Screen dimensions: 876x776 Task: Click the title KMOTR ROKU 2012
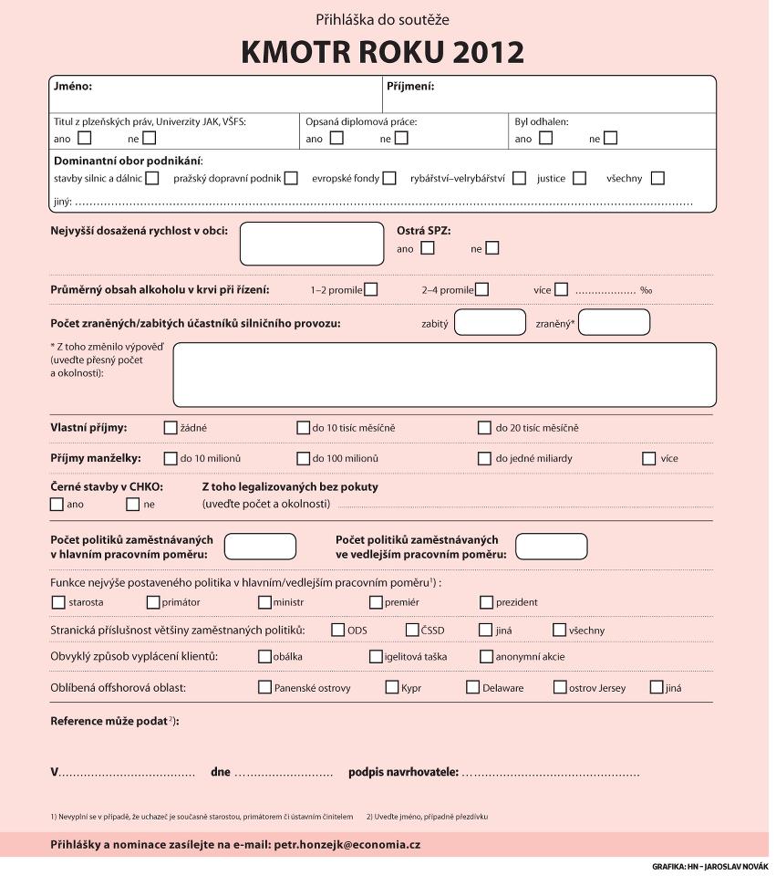tap(382, 52)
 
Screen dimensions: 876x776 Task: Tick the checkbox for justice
tap(579, 178)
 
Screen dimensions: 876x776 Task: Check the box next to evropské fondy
tap(389, 178)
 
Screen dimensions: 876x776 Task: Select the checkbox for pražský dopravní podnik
tap(291, 178)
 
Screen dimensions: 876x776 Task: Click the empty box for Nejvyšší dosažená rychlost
tap(312, 244)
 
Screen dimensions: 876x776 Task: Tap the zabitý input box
tap(490, 322)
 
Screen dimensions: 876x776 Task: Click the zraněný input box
tap(614, 322)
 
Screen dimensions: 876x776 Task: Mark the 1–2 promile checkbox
tap(370, 289)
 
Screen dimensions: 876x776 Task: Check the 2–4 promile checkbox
tap(481, 289)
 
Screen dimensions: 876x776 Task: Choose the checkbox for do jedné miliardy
tap(484, 458)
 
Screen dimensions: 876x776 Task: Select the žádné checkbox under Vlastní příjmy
tap(171, 427)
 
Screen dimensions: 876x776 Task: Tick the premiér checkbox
tap(376, 602)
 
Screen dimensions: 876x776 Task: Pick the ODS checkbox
tap(338, 630)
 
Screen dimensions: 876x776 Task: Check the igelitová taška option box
tap(376, 656)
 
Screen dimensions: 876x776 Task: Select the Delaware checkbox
tap(472, 687)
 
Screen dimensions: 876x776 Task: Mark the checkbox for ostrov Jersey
tap(560, 687)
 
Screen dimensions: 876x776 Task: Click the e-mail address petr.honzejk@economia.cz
tap(347, 845)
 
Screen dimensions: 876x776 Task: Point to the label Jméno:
tap(73, 87)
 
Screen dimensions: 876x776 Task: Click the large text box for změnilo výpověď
tap(444, 374)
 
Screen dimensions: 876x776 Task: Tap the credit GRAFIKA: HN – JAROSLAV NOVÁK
tap(709, 866)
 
